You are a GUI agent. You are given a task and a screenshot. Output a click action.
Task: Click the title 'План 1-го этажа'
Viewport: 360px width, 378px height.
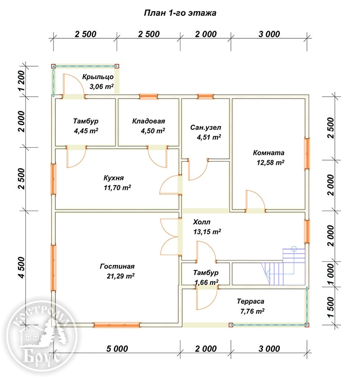(x=180, y=13)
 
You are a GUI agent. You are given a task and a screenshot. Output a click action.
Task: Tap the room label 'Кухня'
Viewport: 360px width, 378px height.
(x=113, y=178)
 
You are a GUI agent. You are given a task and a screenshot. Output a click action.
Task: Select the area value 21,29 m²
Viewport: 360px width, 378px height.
(x=121, y=276)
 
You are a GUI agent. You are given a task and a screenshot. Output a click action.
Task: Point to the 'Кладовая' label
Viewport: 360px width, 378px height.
(x=148, y=121)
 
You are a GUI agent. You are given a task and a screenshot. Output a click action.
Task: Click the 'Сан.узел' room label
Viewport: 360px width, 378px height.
(x=206, y=127)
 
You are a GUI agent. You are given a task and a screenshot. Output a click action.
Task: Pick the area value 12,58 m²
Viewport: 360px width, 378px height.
(x=270, y=162)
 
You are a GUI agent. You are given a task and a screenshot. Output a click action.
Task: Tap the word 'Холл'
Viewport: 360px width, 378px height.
(x=202, y=222)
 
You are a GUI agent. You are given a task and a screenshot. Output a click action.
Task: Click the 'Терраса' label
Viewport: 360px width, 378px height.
(x=250, y=301)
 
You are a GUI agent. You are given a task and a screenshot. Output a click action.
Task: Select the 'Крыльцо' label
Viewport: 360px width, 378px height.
(x=98, y=77)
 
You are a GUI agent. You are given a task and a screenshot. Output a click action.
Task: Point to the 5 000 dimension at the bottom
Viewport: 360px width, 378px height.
(x=117, y=349)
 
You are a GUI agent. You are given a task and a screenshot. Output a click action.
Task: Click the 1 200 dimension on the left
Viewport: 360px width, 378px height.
(x=21, y=81)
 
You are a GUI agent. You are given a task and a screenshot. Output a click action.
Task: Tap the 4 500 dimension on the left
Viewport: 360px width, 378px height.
(x=21, y=268)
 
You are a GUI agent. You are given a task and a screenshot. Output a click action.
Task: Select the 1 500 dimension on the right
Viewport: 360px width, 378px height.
(x=331, y=307)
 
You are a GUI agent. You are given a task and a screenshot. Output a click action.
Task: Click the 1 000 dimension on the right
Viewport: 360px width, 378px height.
(x=331, y=274)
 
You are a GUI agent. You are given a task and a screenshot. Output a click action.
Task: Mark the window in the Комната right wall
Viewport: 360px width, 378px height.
(x=307, y=153)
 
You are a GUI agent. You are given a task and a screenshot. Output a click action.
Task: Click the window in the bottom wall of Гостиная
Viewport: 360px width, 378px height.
(x=117, y=325)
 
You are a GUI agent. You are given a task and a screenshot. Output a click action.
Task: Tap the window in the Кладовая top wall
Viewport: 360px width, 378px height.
(x=148, y=97)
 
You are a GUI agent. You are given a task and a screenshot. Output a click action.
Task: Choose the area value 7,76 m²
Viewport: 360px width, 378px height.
(x=252, y=311)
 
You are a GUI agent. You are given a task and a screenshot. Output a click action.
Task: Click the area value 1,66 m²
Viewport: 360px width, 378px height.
(x=207, y=282)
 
